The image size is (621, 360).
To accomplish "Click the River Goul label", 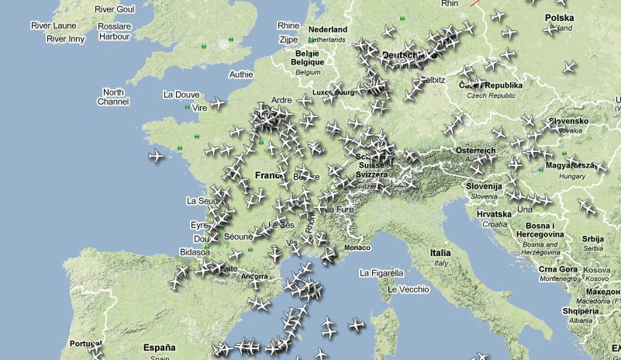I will coord(115,9).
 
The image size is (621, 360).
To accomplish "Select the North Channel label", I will coord(113,97).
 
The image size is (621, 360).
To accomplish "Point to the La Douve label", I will coord(181,95).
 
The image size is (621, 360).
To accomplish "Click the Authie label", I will coord(240,74).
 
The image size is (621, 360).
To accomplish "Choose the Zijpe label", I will coord(288,39).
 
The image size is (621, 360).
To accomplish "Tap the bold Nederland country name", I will coord(326,29).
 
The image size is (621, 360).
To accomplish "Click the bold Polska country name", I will coord(559,18).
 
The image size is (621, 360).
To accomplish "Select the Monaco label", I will coord(357,247).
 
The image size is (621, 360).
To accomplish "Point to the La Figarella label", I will coord(381,273).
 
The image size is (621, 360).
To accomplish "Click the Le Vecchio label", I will coord(408,289).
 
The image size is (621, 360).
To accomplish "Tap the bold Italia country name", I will coord(440,253).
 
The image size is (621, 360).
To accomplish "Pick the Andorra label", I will coord(254,275).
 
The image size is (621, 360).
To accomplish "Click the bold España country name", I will coord(160,348).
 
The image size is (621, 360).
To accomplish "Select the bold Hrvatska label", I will coord(494,213).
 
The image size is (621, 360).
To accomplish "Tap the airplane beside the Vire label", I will coord(219,103).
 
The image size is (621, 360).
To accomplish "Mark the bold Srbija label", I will coord(593,239).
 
